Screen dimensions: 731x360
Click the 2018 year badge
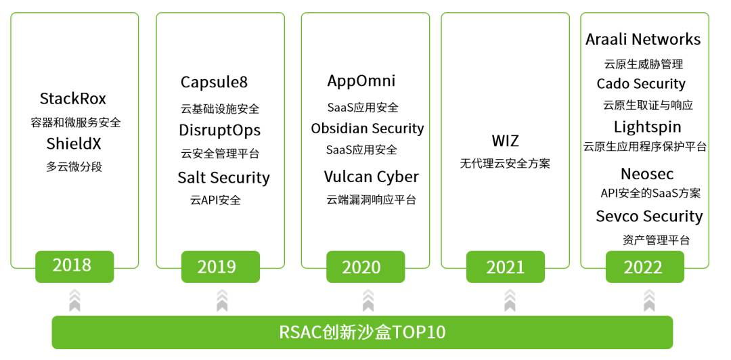[74, 267]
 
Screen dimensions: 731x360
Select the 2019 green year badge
[221, 267]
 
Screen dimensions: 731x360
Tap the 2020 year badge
[365, 267]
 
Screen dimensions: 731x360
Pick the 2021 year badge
[506, 267]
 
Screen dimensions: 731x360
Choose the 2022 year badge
[645, 267]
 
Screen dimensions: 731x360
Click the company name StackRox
[72, 99]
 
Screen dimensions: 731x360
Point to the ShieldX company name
[74, 143]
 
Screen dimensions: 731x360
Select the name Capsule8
[215, 82]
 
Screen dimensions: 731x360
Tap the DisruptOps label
[219, 131]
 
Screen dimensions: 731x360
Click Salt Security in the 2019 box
[224, 178]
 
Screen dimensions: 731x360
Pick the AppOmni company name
[361, 81]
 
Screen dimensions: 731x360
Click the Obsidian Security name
[368, 129]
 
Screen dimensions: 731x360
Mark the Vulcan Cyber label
[371, 177]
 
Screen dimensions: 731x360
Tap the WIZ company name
[506, 141]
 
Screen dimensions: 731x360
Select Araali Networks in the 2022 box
[643, 39]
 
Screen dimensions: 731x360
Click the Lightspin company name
[648, 127]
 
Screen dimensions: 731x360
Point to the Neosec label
[647, 174]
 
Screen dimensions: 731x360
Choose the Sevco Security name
[649, 217]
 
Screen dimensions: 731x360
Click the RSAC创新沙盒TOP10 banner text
[362, 332]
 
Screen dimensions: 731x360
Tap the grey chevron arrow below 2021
[510, 300]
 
